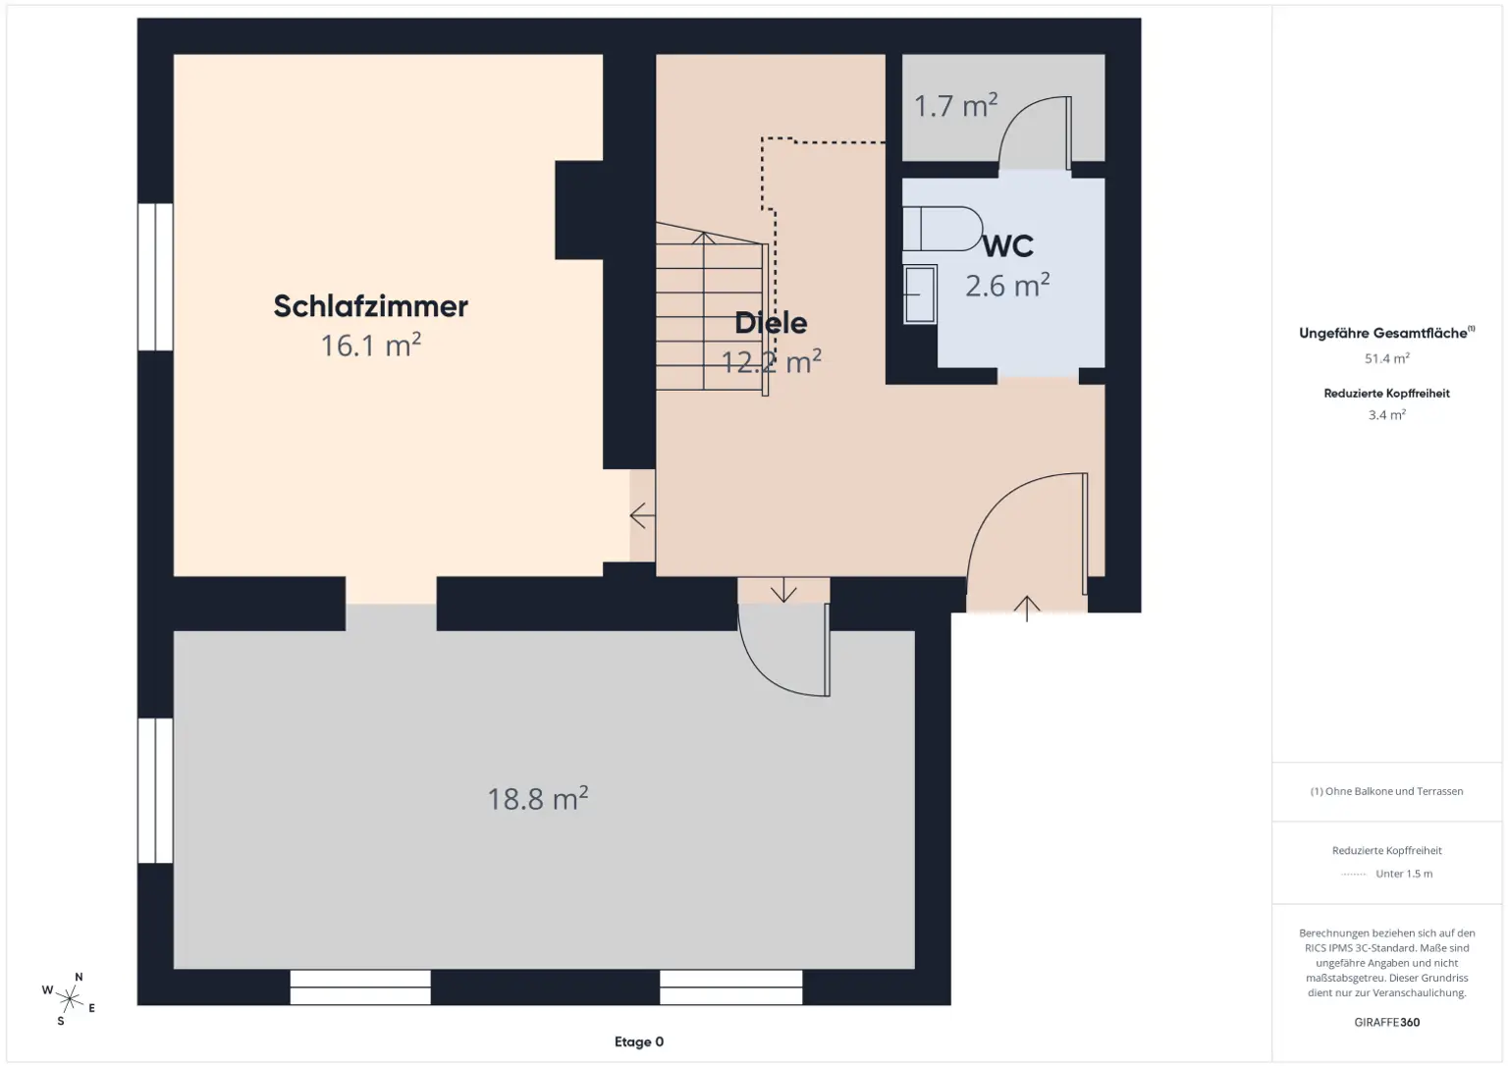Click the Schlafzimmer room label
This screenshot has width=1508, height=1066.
[x=371, y=306]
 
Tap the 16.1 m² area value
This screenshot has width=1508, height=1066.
[x=371, y=346]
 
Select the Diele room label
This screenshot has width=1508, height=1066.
[x=771, y=323]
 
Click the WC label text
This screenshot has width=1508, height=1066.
[x=1008, y=246]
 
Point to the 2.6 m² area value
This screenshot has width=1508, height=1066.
[x=1007, y=286]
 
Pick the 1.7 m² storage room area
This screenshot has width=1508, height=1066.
[x=955, y=105]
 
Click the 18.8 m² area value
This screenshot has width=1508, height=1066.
[x=538, y=799]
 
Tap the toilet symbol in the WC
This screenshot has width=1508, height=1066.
[x=942, y=229]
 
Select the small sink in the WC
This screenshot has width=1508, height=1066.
[x=920, y=293]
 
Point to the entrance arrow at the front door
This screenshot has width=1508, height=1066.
[x=1027, y=608]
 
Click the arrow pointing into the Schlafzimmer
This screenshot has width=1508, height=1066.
[x=642, y=515]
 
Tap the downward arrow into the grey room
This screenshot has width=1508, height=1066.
[x=783, y=591]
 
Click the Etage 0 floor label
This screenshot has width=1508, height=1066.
[x=639, y=1042]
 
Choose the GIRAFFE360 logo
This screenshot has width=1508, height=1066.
[x=1386, y=1022]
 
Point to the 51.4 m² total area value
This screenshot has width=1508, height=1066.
[x=1386, y=359]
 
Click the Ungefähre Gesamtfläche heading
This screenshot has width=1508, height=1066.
[x=1385, y=334]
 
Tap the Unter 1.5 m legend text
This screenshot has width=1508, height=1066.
[x=1403, y=874]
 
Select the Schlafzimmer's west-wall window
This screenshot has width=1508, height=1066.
[x=155, y=277]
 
